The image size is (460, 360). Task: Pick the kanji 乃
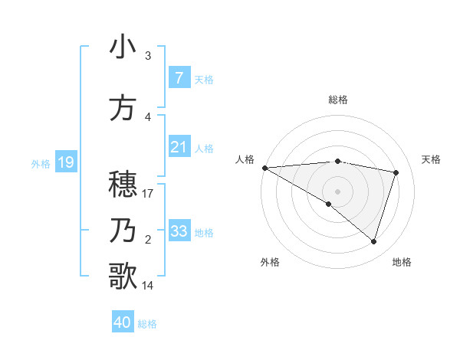tap(123, 230)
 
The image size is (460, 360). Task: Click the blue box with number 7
tap(179, 78)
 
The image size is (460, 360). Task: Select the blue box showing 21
tap(179, 147)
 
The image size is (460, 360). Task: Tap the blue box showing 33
tap(179, 231)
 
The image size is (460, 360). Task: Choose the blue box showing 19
tap(65, 162)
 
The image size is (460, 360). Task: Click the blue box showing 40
tap(122, 322)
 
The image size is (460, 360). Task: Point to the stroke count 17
tap(148, 193)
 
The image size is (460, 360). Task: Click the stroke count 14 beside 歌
tap(148, 285)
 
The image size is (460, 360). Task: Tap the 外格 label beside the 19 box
tap(41, 163)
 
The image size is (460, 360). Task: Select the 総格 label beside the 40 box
tap(147, 323)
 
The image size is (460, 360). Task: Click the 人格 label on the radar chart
tap(245, 159)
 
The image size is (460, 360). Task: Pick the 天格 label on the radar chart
tap(432, 159)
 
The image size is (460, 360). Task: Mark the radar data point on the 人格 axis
tap(264, 168)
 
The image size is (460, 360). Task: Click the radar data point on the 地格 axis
tap(373, 241)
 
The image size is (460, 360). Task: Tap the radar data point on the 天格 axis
tap(396, 172)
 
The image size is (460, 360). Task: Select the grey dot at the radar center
tap(337, 191)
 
